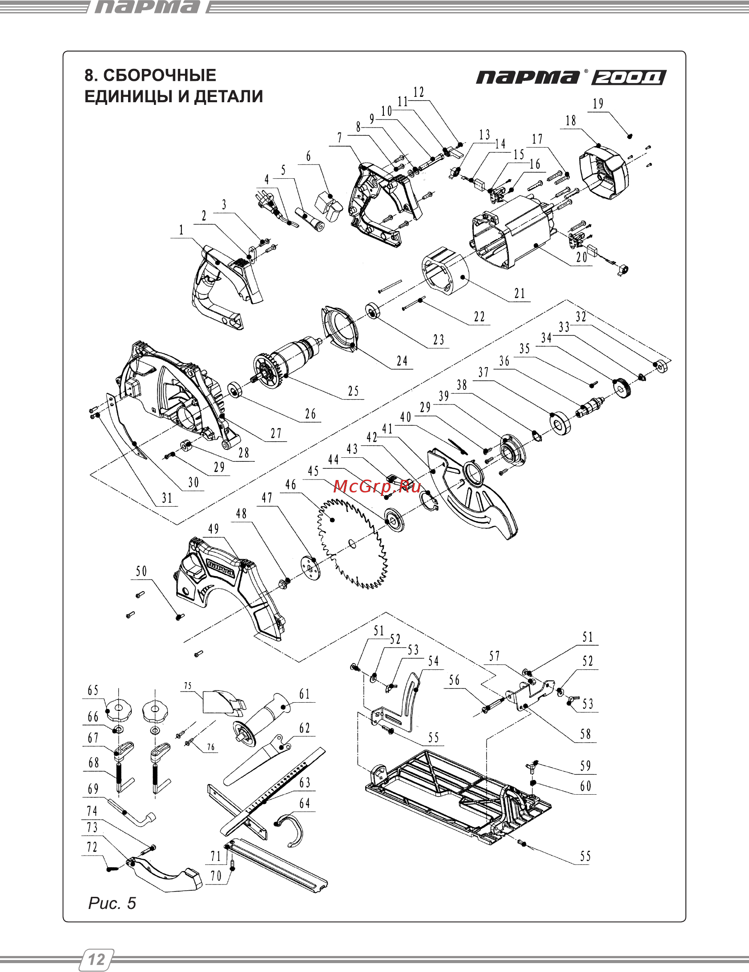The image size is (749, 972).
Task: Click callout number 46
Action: click(290, 484)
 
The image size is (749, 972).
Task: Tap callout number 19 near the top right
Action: click(598, 104)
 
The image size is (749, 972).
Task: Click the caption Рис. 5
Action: click(112, 903)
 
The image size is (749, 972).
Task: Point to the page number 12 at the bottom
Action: click(97, 960)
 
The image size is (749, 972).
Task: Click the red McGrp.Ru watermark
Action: click(377, 487)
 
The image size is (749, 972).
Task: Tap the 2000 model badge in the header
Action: click(628, 77)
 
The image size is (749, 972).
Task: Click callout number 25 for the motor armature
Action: click(353, 391)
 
